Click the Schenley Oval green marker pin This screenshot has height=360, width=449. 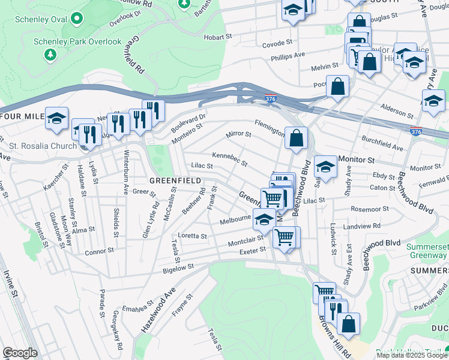[76, 19]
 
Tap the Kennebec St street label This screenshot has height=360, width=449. [229, 160]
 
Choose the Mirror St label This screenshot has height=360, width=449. [238, 135]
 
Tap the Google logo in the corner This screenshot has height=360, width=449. [20, 353]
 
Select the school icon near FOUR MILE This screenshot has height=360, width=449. [57, 118]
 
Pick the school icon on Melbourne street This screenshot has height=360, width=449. [264, 220]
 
